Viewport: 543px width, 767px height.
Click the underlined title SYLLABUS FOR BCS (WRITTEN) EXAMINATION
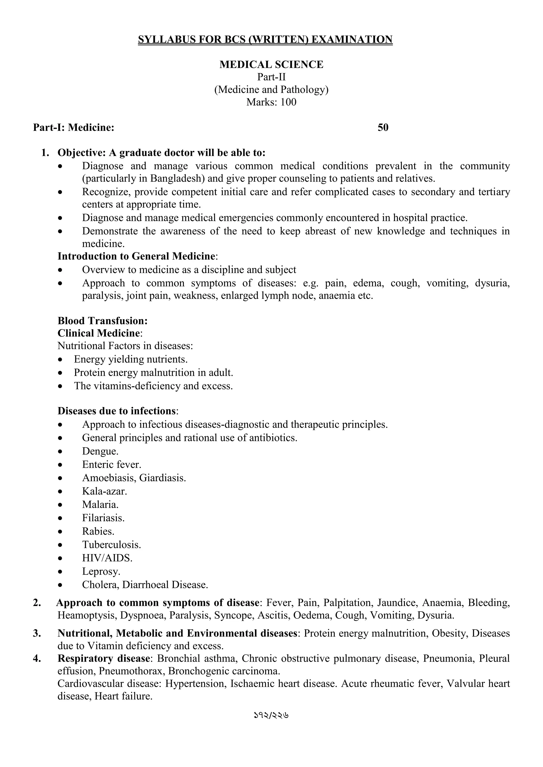pos(265,39)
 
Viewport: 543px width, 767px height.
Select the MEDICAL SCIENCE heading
pos(271,64)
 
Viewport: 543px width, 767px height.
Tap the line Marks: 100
pos(271,102)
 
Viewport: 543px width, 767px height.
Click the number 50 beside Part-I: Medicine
pos(383,128)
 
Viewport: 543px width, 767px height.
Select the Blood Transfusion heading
pos(103,321)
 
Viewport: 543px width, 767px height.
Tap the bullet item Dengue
pos(100,451)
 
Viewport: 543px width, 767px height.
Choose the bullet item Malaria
pos(100,505)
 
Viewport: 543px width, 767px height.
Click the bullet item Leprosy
pos(101,572)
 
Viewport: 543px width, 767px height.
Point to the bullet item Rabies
pos(98,532)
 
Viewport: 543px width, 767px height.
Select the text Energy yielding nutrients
pos(131,359)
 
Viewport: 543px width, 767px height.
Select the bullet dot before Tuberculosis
pos(60,545)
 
